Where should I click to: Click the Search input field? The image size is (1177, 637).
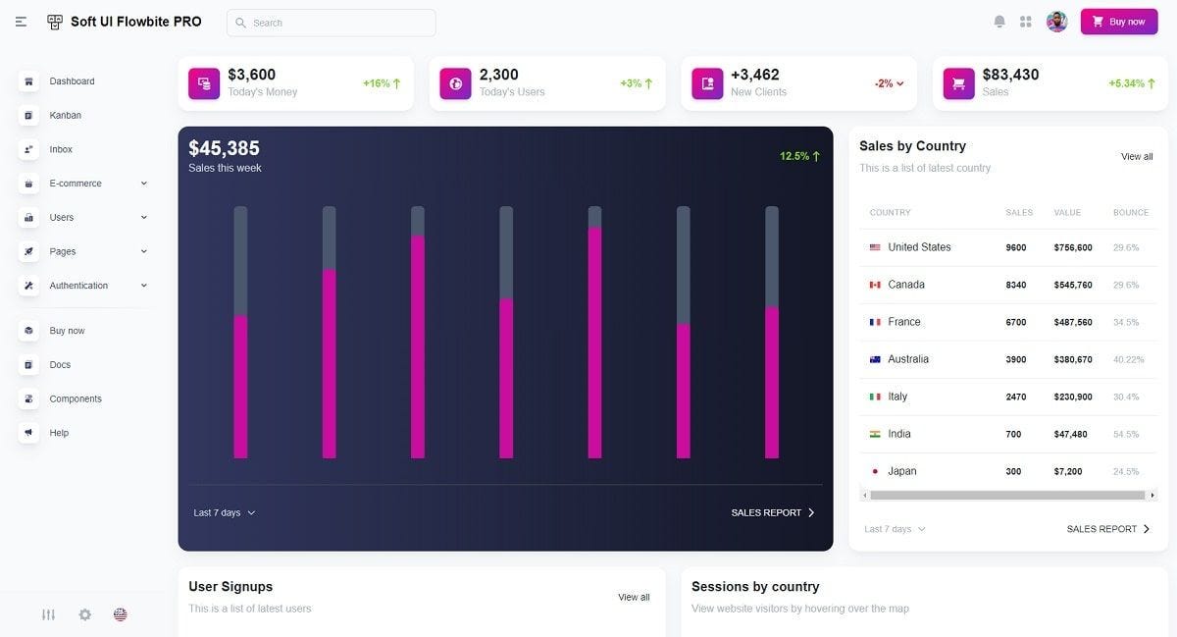332,23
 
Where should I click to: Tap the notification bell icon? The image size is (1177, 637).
999,22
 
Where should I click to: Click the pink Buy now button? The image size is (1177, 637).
1119,22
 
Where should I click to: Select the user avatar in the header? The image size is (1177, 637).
1056,22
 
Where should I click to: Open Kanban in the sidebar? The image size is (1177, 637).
65,115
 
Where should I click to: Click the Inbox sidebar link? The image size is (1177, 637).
61,149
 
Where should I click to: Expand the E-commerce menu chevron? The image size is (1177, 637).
144,184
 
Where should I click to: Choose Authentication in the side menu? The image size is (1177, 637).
78,286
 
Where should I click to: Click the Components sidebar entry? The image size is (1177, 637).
76,398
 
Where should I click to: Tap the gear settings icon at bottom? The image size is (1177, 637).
84,614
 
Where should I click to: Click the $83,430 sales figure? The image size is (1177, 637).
1010,75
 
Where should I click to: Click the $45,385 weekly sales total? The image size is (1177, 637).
224,148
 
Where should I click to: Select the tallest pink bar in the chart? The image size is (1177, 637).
594,343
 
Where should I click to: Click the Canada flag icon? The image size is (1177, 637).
875,285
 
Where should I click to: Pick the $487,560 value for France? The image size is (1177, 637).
1073,322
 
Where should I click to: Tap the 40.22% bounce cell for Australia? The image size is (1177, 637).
1129,359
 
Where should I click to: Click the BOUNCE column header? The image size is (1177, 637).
1131,213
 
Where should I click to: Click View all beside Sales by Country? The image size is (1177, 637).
1137,157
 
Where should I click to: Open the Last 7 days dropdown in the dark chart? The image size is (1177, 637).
225,513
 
